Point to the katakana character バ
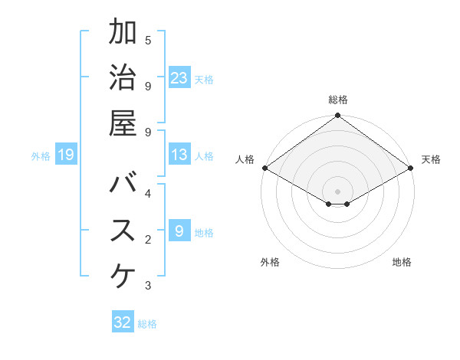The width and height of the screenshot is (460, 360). click(123, 186)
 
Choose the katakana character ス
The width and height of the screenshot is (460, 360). click(123, 231)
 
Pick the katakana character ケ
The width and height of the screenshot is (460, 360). click(123, 277)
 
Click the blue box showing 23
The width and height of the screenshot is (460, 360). click(179, 78)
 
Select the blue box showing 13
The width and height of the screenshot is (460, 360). click(179, 155)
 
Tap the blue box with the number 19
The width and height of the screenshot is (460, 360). click(66, 155)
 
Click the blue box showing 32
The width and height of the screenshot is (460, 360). click(123, 322)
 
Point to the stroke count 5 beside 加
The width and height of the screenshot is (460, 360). click(148, 41)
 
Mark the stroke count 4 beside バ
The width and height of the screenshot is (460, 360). click(148, 194)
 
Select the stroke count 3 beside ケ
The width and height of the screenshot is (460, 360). click(148, 286)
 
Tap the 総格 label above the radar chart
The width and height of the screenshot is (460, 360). click(338, 100)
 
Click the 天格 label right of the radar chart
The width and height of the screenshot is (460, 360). click(431, 159)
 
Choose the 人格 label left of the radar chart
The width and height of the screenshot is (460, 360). click(245, 159)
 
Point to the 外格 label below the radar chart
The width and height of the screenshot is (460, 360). click(270, 262)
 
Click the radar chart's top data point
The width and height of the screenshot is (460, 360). click(338, 116)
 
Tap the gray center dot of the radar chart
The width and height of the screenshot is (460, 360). click(338, 191)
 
